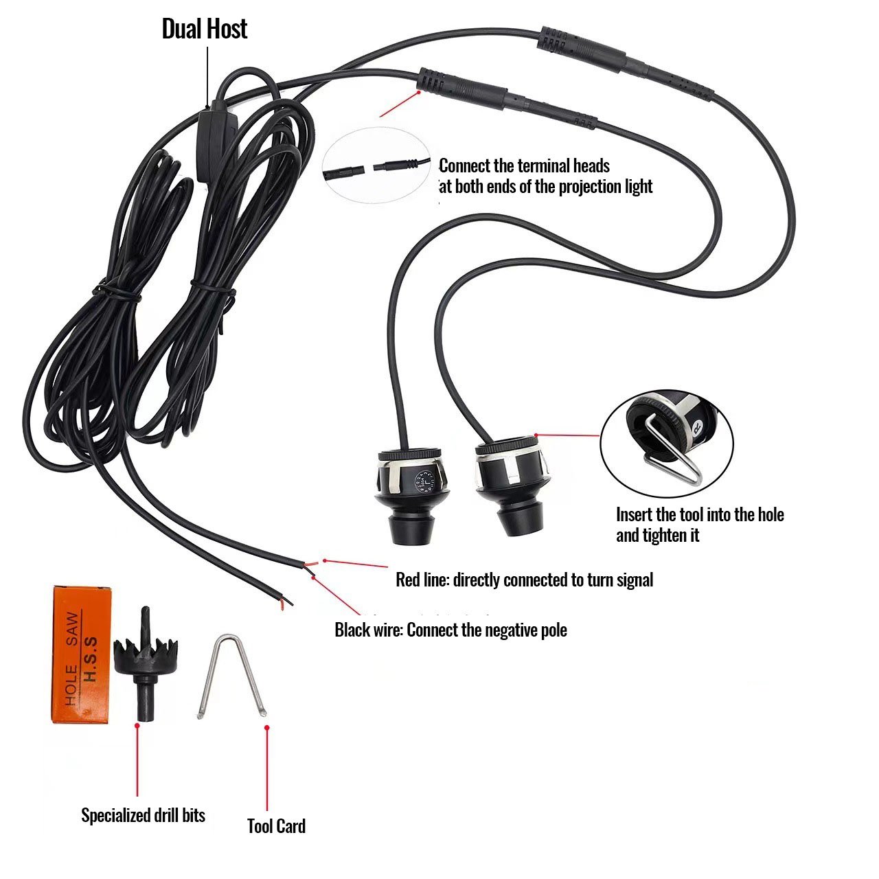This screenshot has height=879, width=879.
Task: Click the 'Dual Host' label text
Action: point(204,29)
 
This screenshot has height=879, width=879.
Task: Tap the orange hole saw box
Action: point(82,653)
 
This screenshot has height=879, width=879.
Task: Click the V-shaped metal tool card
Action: point(233,676)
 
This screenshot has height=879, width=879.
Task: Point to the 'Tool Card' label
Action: point(276,826)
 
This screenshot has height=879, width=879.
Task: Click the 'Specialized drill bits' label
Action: point(143,815)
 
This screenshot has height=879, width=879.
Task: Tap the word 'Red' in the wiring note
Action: point(407,580)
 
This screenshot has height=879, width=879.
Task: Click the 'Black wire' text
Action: point(367,630)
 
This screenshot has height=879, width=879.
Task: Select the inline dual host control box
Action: point(215,141)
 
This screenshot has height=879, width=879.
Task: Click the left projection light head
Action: point(411,491)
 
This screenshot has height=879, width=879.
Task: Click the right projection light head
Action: point(512,484)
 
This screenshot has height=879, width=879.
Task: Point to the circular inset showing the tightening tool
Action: point(667,440)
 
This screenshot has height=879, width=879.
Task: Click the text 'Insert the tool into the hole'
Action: point(700,514)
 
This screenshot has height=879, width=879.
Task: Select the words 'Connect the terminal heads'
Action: point(525,165)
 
